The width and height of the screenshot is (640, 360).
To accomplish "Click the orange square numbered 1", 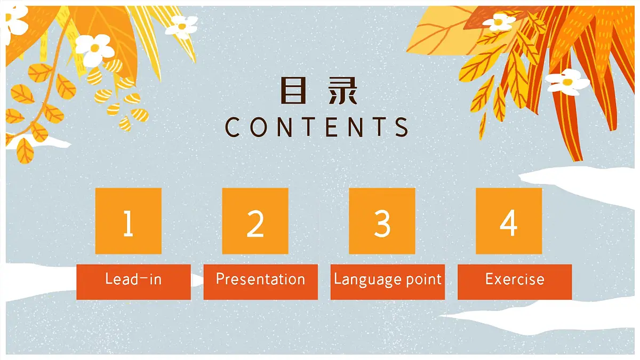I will coord(128,221).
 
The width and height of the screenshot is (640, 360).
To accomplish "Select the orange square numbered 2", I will coord(255,221).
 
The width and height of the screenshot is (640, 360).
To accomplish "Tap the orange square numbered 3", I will coord(382,221).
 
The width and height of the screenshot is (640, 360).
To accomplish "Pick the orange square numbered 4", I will coord(509,221).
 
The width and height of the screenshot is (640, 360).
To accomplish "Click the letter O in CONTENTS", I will coord(258,127).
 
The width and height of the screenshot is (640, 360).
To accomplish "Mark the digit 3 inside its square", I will coord(382,224).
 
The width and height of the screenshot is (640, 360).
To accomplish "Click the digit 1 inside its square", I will coord(128,224).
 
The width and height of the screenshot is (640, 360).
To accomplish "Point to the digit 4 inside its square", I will coord(509,224).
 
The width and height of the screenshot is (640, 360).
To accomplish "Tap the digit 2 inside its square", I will coord(255,224).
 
